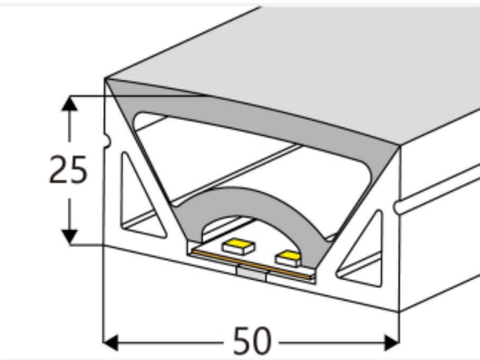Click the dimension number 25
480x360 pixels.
pyautogui.click(x=67, y=170)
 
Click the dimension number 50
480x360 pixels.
pyautogui.click(x=252, y=342)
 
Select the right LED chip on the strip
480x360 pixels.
pyautogui.click(x=288, y=257)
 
